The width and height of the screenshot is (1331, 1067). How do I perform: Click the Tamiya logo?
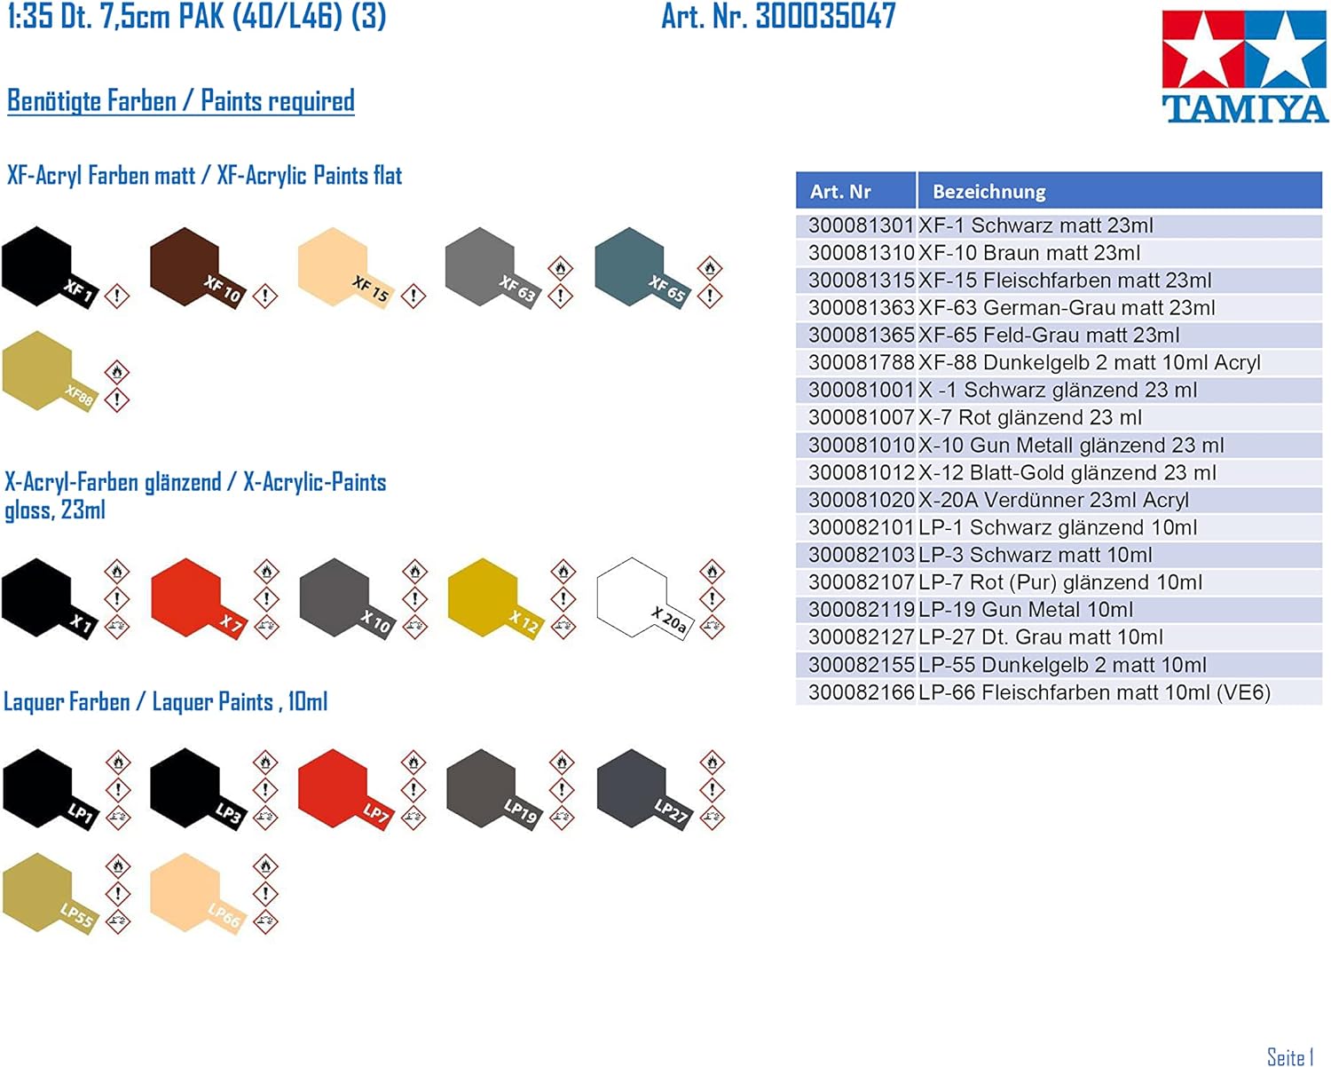pos(1244,67)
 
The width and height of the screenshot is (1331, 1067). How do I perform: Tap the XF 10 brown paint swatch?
pos(198,268)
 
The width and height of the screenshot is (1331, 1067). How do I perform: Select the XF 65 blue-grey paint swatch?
pos(642,268)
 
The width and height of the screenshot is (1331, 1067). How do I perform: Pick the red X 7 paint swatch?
pos(199,598)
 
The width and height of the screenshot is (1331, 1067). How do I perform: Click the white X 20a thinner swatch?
pos(644,598)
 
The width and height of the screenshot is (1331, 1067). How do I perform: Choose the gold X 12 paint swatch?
pos(495,598)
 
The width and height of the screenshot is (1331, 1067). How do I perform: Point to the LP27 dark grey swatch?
pos(644,789)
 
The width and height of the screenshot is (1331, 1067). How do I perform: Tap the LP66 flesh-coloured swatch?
pos(198,893)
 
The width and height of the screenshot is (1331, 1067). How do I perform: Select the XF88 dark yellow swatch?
pos(50,371)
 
